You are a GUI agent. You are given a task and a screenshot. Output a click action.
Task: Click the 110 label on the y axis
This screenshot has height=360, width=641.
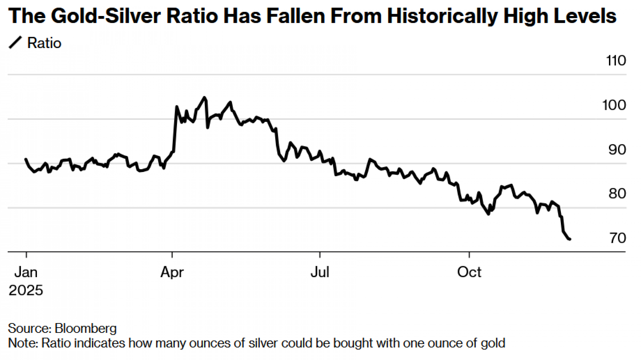point(616,61)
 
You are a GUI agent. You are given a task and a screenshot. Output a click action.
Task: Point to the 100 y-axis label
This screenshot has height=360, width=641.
point(614,105)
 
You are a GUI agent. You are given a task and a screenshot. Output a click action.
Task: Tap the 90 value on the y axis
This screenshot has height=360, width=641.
point(617,150)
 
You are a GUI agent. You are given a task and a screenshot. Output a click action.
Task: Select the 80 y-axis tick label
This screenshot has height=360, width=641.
point(617,194)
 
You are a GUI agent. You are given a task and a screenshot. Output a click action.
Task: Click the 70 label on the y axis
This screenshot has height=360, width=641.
point(618,238)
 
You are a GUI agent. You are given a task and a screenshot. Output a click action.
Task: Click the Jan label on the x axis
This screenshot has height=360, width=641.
point(26,272)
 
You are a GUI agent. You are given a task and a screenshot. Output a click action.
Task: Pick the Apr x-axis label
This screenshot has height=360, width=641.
point(172,272)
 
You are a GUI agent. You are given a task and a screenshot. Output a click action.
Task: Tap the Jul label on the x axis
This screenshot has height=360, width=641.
point(320,272)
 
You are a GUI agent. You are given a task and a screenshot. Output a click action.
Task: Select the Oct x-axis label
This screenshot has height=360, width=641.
point(469,272)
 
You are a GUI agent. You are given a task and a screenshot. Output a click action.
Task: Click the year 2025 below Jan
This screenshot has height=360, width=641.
point(26,290)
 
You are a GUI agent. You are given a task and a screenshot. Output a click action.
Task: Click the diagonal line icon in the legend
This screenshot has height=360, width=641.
point(15,43)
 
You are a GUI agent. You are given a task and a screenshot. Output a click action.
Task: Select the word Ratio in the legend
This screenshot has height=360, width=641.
point(44,43)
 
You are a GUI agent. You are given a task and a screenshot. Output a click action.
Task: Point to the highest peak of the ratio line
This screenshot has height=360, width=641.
point(204,97)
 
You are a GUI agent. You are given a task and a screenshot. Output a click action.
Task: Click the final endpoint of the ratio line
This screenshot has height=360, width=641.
point(570,239)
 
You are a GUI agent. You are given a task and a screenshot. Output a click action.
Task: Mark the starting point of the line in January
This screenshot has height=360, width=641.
point(26,159)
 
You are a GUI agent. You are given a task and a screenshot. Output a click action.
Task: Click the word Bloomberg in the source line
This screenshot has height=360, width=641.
point(86,329)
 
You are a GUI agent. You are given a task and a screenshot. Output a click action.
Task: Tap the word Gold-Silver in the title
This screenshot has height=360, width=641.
point(105,16)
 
